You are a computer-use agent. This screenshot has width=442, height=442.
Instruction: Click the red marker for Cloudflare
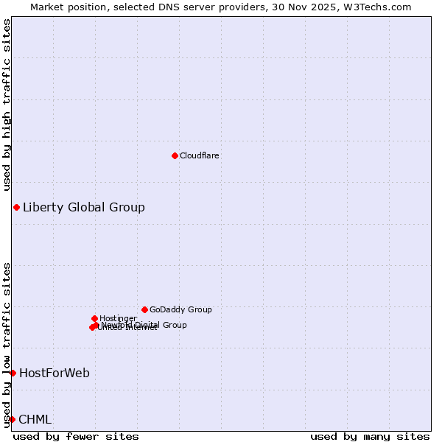click(x=175, y=155)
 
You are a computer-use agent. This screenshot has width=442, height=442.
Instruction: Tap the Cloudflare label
click(x=200, y=155)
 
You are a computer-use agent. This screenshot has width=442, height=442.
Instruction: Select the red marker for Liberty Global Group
click(x=16, y=207)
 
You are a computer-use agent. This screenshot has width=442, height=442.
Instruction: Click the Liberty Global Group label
click(x=84, y=207)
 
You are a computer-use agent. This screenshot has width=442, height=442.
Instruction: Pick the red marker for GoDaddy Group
click(x=144, y=309)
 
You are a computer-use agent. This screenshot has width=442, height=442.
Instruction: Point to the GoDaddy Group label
click(x=180, y=309)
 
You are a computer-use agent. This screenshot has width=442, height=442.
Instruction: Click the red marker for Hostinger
click(x=94, y=318)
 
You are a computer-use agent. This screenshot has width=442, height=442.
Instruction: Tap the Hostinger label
click(x=118, y=318)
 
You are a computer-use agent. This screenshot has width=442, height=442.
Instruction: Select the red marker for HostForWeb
click(x=13, y=373)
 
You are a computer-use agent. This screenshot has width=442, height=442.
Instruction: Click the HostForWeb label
click(x=55, y=373)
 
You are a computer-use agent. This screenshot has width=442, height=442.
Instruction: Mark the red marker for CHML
click(x=12, y=419)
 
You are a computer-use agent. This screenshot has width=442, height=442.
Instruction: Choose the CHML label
click(x=35, y=419)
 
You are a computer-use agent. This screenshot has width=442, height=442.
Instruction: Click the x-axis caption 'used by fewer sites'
click(x=76, y=436)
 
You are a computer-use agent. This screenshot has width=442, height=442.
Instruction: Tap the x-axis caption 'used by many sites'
click(x=370, y=436)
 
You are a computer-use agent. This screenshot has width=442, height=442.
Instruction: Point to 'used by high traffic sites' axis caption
click(x=7, y=105)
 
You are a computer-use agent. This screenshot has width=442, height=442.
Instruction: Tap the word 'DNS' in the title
click(x=164, y=7)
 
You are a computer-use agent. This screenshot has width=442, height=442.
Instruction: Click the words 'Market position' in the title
click(x=65, y=7)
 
